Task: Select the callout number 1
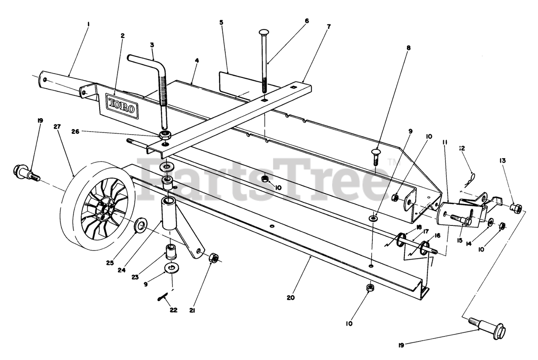point(88,24)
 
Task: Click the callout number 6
point(306,20)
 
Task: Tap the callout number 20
point(291,297)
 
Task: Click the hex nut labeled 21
point(214,257)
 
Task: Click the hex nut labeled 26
point(165,135)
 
